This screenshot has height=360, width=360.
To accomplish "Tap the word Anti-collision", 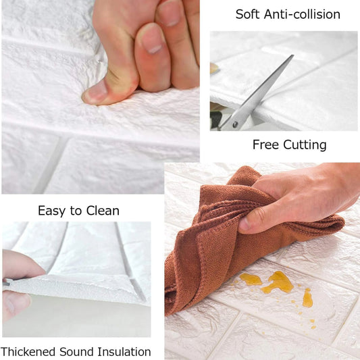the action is (x=302, y=14).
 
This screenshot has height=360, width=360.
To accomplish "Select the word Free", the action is (x=265, y=145).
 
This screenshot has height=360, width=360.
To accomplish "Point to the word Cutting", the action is (x=305, y=145).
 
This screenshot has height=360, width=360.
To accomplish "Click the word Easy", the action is (x=51, y=211).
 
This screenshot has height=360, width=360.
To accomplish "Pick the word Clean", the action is (x=103, y=211).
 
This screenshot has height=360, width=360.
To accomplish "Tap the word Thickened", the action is (x=28, y=351).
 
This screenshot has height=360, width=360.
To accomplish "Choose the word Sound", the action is (x=76, y=352).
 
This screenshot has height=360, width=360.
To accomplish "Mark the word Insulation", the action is (x=124, y=352).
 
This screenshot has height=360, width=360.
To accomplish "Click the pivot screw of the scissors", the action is (x=235, y=125).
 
